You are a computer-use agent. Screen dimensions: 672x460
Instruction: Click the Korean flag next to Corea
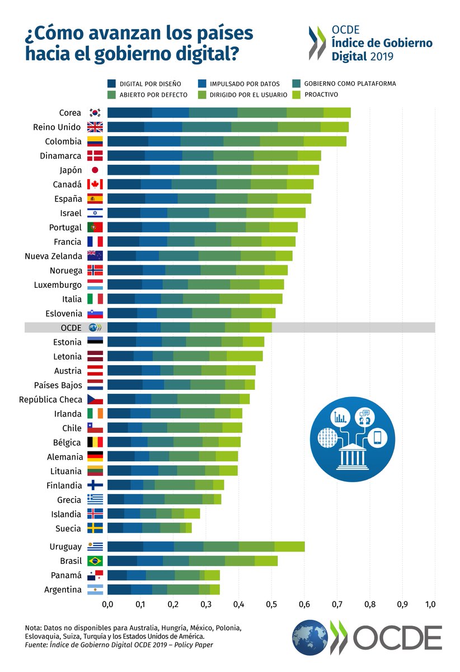95,113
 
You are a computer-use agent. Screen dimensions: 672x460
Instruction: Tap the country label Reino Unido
57,127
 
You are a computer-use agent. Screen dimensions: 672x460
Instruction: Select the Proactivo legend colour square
295,95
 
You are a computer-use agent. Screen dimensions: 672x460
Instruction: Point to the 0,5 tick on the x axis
271,605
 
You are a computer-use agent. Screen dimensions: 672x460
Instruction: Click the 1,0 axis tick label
431,605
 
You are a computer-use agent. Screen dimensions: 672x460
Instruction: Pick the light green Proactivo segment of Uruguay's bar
289,547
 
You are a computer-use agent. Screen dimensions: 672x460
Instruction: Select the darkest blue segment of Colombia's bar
128,141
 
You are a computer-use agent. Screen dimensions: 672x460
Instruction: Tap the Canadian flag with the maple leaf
95,184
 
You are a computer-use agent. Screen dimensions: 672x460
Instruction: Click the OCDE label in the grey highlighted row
71,328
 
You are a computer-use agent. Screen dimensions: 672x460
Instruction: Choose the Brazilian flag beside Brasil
95,561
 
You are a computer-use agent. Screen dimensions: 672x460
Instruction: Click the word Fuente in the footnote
36,645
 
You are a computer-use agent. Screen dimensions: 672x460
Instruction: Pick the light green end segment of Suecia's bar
189,528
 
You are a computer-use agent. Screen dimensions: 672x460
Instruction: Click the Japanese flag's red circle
95,170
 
